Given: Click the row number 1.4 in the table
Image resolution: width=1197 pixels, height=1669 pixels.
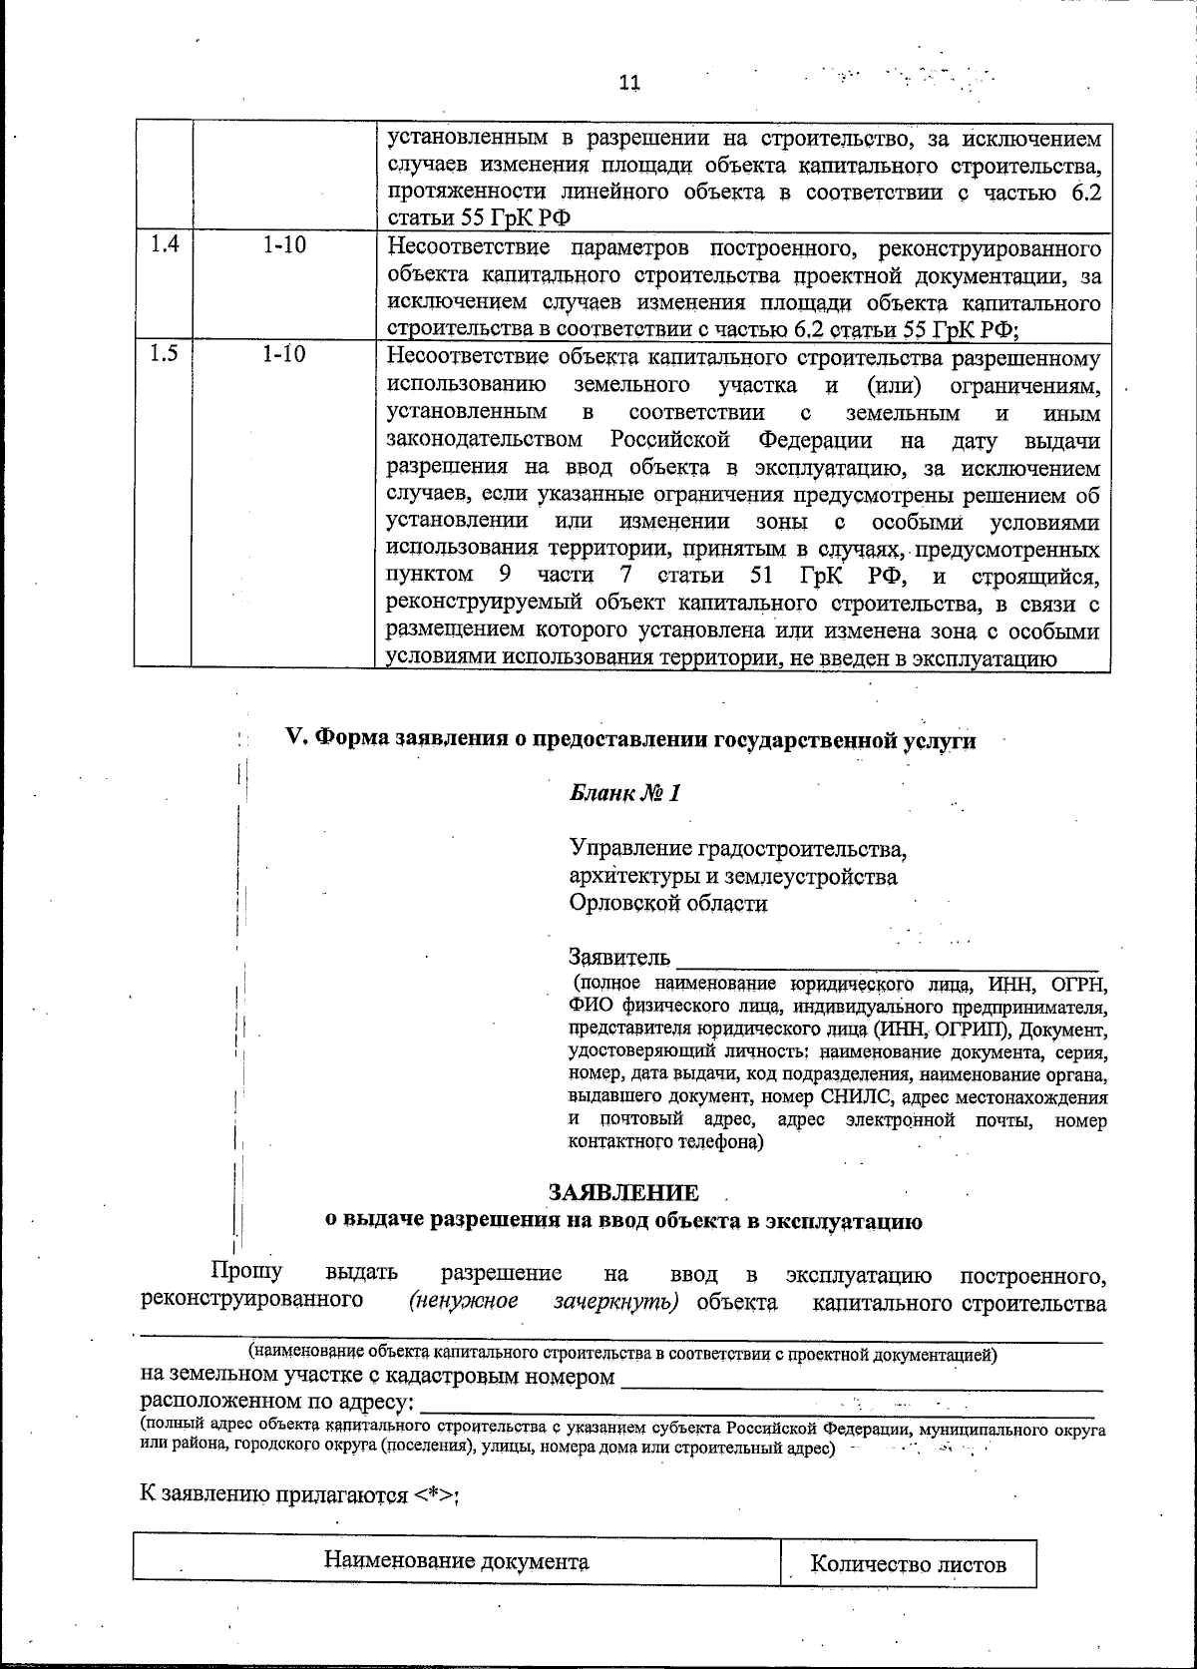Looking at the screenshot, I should [164, 244].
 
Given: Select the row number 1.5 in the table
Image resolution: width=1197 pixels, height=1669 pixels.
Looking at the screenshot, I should [164, 354].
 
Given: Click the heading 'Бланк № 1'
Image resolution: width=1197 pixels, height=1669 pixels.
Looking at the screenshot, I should [624, 794].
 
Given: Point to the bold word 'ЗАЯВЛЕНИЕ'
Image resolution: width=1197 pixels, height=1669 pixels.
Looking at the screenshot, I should [623, 1193].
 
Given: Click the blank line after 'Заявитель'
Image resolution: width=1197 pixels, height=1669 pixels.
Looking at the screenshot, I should [888, 960].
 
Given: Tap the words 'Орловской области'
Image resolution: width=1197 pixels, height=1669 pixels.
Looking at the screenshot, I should [668, 904].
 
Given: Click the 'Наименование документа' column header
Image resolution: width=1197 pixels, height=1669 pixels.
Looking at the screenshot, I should [456, 1561].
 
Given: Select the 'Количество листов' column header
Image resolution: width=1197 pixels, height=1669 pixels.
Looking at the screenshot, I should [908, 1564].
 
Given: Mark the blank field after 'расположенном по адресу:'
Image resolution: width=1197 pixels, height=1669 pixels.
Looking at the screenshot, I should [758, 1405].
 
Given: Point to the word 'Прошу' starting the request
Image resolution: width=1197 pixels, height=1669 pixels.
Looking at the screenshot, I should [245, 1272].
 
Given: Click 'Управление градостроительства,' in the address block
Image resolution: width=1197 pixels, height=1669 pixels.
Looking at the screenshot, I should [738, 849].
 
